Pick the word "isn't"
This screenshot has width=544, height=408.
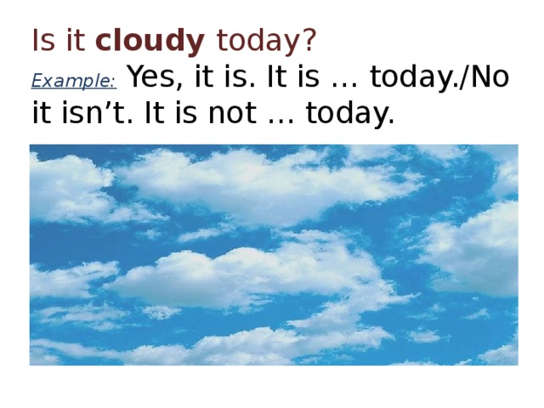(93, 113)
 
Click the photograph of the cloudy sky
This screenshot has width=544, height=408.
(274, 255)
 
